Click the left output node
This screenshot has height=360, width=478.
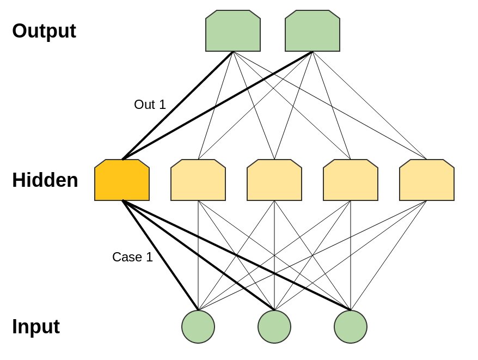[233, 31]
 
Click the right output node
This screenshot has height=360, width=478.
[312, 31]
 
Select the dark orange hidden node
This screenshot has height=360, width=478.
[122, 180]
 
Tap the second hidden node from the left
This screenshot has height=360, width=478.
[198, 180]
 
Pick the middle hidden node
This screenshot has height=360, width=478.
[274, 180]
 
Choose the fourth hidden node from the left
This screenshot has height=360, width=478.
[351, 180]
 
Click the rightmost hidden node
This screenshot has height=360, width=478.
[427, 180]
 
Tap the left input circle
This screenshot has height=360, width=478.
[198, 327]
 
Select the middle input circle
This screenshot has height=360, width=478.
[274, 327]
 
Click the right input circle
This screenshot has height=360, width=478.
[351, 327]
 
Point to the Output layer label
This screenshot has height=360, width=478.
[44, 31]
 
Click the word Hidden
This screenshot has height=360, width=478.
[45, 180]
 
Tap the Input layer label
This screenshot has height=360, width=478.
[36, 327]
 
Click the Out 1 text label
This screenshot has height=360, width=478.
[150, 105]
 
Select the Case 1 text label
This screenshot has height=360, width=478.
[132, 257]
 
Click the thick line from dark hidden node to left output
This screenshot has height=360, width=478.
[177, 106]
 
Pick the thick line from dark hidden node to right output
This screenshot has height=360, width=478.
[217, 106]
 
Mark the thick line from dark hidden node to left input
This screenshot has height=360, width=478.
[160, 255]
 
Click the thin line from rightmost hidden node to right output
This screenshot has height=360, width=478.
[370, 106]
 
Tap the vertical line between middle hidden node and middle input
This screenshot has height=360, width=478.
[274, 255]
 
